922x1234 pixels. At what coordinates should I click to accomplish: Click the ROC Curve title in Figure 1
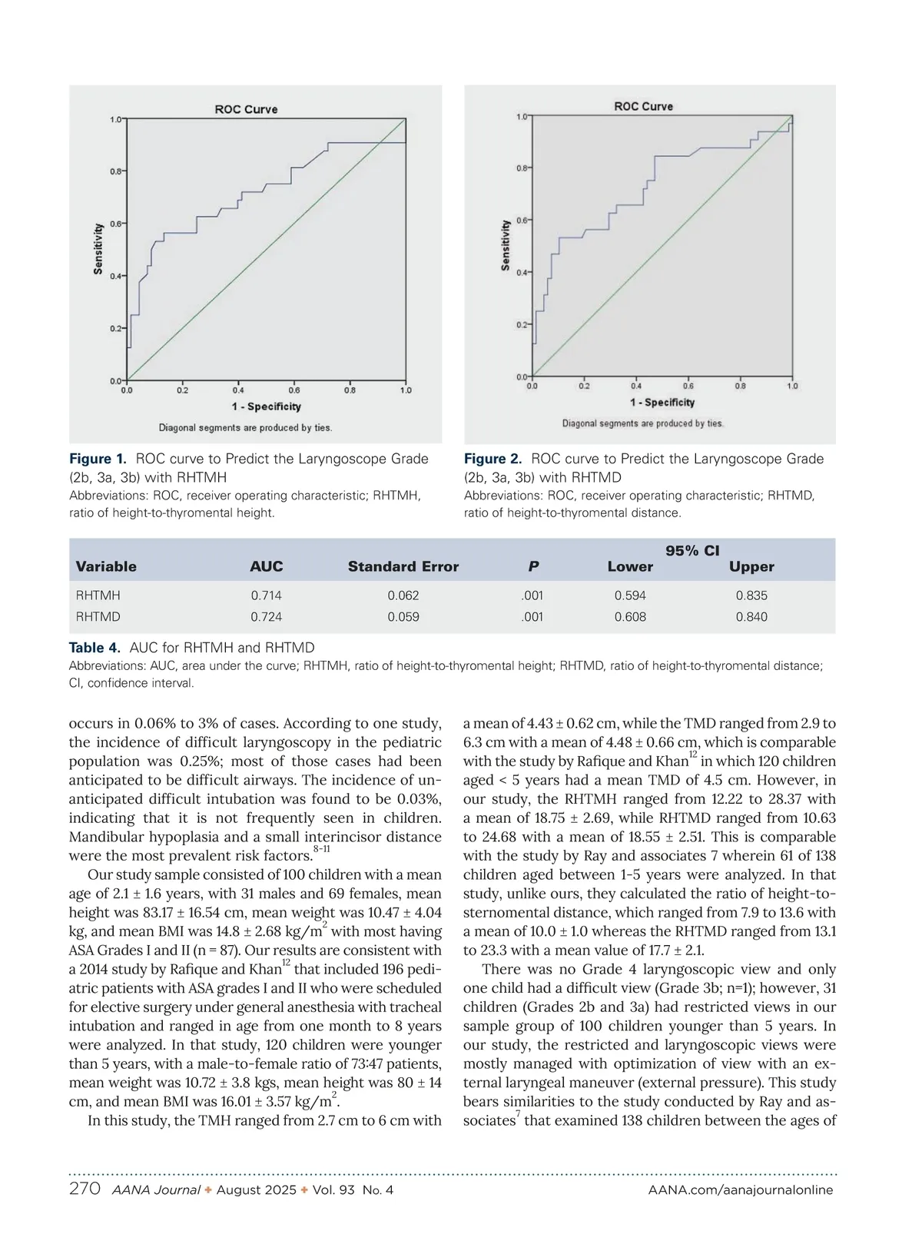click(x=246, y=109)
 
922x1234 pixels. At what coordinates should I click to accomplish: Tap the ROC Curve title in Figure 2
click(x=643, y=106)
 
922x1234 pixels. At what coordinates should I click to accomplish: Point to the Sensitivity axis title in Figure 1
click(x=98, y=249)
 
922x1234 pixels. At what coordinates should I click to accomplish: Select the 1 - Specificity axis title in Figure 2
click(x=662, y=402)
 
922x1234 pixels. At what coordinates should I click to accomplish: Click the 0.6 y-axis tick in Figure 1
click(x=114, y=224)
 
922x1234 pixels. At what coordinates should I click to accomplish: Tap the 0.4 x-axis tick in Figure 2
click(x=636, y=386)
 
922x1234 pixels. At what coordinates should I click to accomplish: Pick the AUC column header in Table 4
click(x=266, y=566)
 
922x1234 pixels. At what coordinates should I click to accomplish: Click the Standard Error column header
click(x=403, y=566)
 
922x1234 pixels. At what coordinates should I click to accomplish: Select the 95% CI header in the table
click(x=692, y=550)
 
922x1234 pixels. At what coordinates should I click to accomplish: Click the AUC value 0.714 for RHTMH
click(x=266, y=595)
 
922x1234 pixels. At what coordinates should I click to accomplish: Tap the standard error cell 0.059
click(x=403, y=617)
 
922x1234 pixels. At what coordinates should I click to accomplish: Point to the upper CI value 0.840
click(x=751, y=617)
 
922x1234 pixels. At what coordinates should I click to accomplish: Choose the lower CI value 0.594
click(x=630, y=595)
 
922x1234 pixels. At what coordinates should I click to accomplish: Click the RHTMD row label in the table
click(x=98, y=617)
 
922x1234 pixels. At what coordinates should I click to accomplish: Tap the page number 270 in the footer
click(x=85, y=1189)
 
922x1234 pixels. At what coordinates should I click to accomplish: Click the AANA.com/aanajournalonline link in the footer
click(x=740, y=1190)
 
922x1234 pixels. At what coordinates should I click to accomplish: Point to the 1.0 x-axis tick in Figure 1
click(x=406, y=390)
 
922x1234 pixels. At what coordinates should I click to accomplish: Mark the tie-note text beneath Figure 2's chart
click(x=642, y=423)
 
